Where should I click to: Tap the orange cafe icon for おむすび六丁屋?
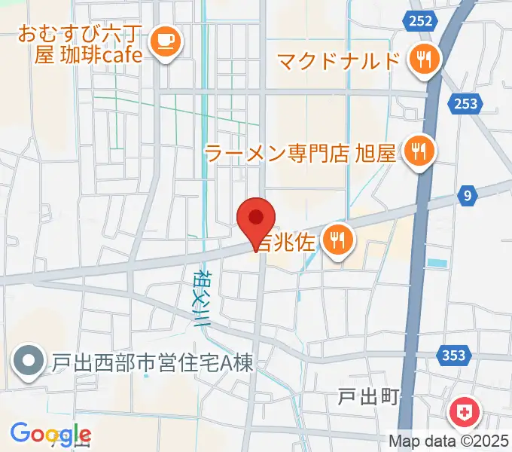click(x=163, y=44)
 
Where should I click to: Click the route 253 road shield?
click(x=466, y=103)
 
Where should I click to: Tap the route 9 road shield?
click(x=468, y=197)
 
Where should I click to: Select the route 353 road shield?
click(x=454, y=354)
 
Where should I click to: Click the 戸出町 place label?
click(x=368, y=398)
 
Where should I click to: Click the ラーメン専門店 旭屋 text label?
click(x=300, y=154)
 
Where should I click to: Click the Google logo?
click(x=50, y=434)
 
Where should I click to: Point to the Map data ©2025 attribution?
click(x=449, y=441)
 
